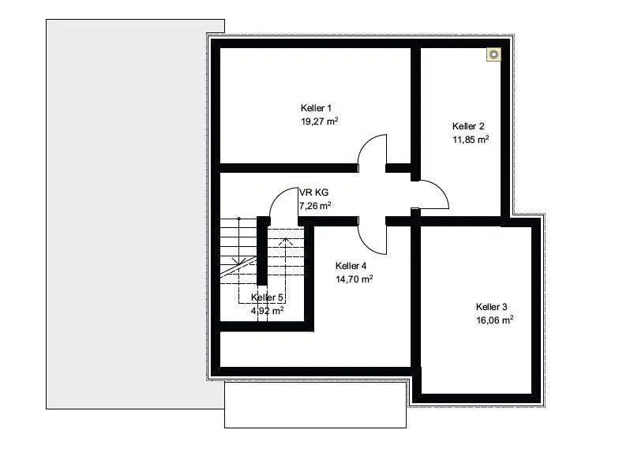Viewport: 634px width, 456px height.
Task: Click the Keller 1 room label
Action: point(316,108)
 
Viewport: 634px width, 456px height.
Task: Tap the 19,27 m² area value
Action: point(319,121)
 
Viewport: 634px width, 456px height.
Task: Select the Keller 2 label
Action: point(468,126)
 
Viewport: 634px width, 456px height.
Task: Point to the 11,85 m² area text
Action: point(471,140)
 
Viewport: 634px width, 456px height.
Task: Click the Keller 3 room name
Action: point(491,307)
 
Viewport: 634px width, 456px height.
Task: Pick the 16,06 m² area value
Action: point(494,320)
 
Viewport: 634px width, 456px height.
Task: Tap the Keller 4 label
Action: point(351,266)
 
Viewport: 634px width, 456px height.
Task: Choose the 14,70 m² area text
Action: point(354,278)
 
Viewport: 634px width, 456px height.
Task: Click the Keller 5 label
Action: point(267,297)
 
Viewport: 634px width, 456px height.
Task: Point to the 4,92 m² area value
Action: point(267,311)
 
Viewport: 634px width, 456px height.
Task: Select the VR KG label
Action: point(313,192)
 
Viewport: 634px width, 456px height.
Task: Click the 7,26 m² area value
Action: point(315,206)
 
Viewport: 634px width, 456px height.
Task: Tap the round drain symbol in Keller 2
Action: point(493,54)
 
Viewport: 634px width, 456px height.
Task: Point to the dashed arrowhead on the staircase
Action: point(286,241)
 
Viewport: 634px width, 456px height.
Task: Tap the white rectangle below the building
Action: point(315,405)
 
